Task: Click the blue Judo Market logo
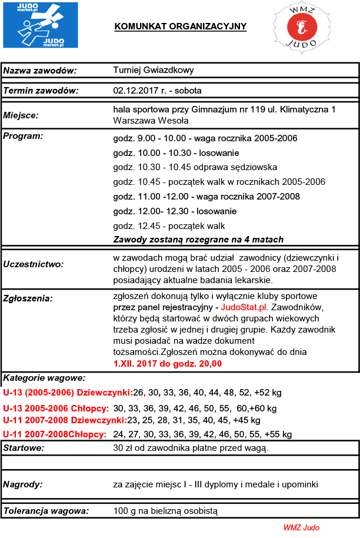(40, 25)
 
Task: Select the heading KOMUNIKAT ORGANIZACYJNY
(180, 26)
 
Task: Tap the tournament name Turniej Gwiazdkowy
(154, 71)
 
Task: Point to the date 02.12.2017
(135, 91)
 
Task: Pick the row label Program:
(23, 136)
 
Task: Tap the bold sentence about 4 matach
(198, 240)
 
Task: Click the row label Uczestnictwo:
(34, 264)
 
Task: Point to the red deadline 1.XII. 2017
(141, 364)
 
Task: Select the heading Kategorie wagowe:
(45, 377)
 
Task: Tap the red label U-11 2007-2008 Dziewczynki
(65, 420)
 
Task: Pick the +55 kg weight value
(279, 434)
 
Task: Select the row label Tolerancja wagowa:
(46, 510)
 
